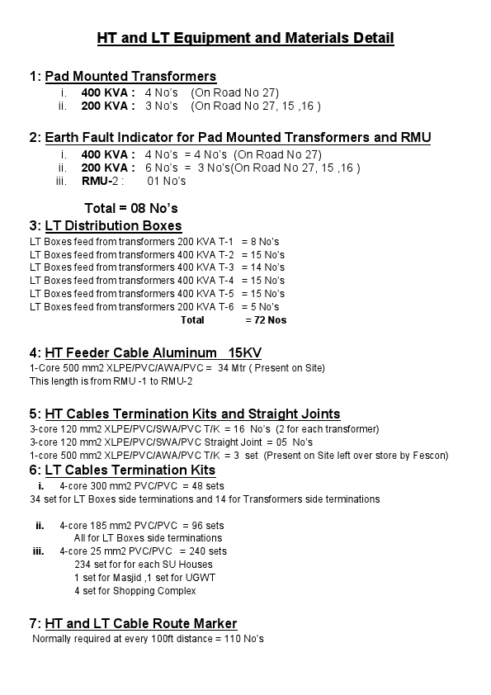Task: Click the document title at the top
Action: coord(245,38)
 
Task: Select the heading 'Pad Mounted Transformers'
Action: coord(130,77)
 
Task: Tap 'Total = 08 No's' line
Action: coord(131,208)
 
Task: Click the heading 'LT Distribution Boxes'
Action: coord(113,226)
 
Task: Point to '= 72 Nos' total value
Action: coord(266,320)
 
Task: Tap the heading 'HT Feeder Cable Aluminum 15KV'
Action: coord(153,353)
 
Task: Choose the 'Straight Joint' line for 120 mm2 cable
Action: coord(171,442)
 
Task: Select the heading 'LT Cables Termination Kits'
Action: coord(130,470)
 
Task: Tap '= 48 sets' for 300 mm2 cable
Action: coord(203,485)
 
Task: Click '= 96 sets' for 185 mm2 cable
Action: coord(203,525)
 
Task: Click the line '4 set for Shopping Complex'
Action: coord(135,591)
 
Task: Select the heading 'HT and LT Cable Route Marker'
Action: coord(140,623)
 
